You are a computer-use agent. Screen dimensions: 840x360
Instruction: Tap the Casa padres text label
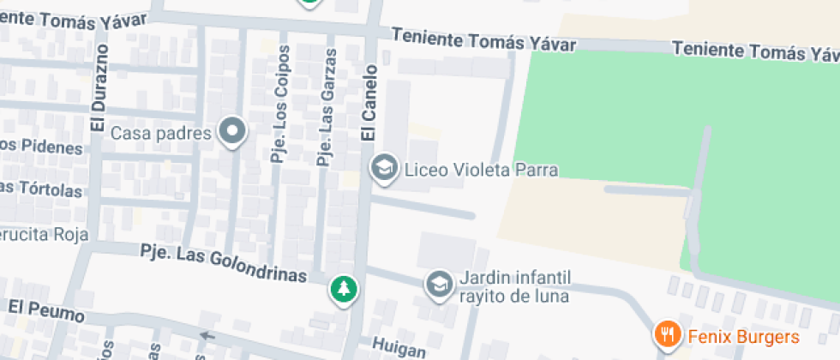[161, 134]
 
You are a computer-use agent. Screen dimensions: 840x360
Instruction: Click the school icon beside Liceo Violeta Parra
[384, 168]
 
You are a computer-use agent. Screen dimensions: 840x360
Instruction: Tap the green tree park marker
[344, 289]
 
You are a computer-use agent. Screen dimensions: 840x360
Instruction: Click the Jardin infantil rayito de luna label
[515, 287]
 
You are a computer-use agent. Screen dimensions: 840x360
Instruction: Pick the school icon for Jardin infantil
[440, 285]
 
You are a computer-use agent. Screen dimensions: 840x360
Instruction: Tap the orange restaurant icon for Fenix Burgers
[668, 334]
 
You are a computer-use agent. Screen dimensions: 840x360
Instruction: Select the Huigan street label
[399, 348]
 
